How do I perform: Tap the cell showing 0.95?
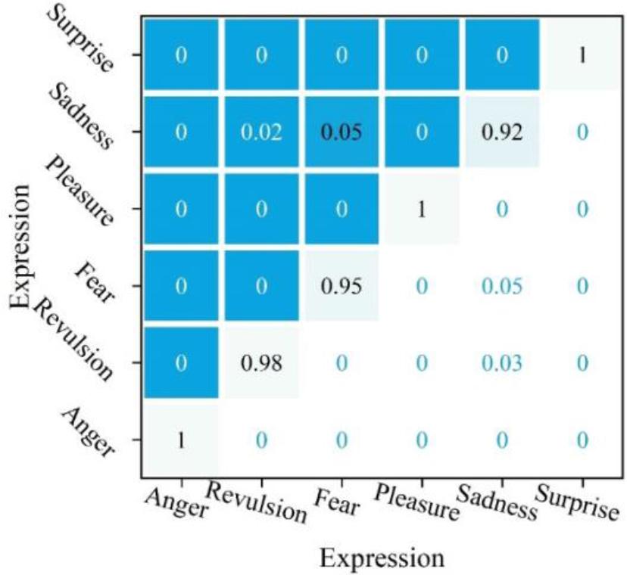342,287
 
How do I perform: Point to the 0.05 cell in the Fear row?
501,287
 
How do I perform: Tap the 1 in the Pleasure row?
422,210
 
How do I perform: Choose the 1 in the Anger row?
181,440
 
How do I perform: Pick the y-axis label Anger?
91,431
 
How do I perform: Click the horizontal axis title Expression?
381,558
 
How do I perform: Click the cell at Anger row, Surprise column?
581,440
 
